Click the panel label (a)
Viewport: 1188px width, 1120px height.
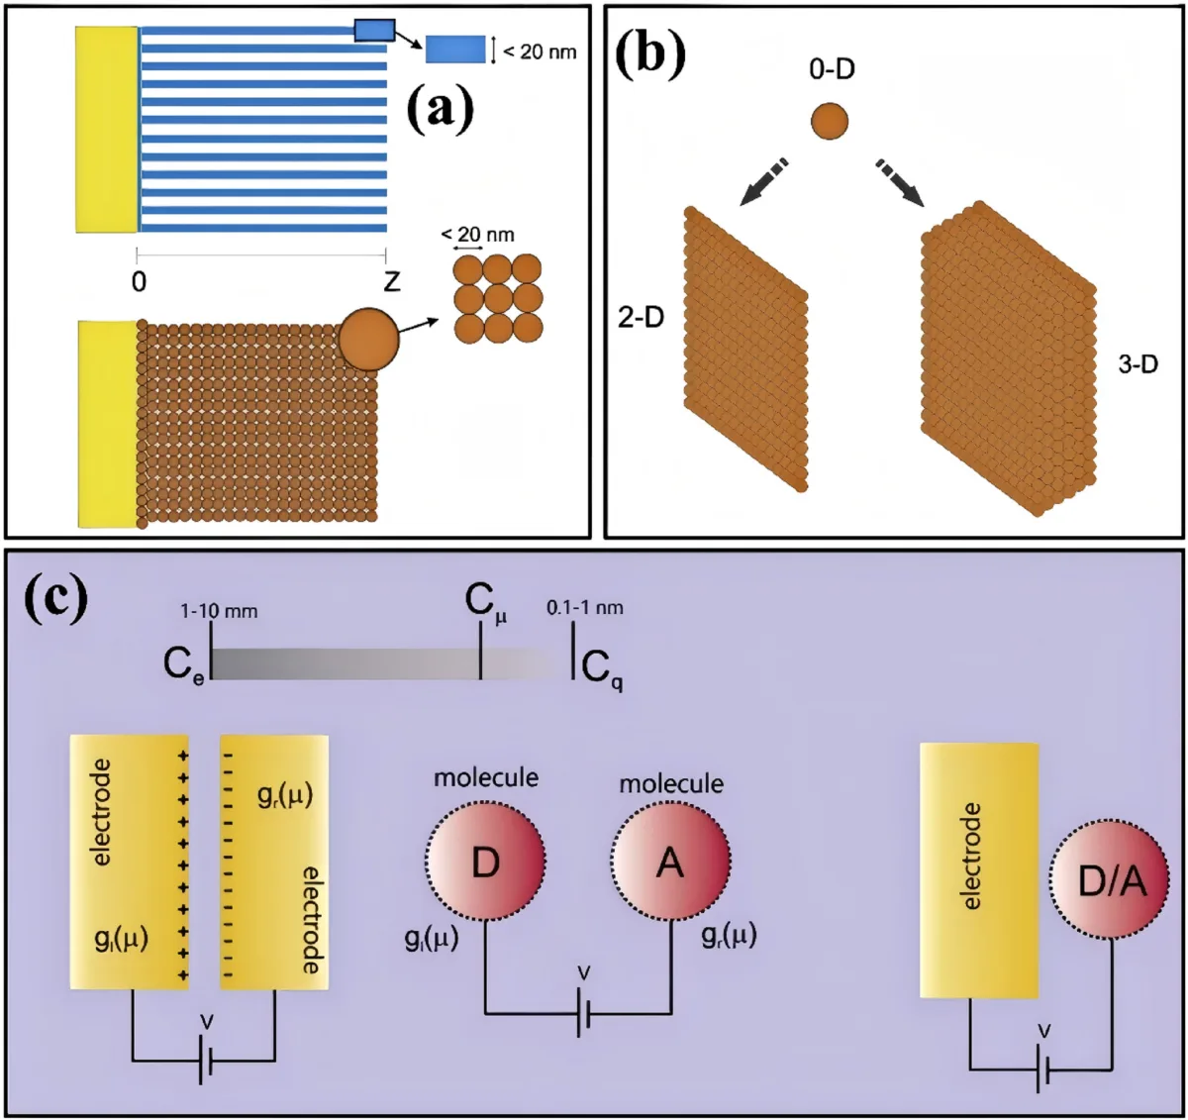(x=441, y=110)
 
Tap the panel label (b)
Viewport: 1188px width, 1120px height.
(x=649, y=53)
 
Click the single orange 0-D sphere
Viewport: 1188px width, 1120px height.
(x=830, y=121)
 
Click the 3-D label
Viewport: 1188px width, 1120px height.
(x=1138, y=364)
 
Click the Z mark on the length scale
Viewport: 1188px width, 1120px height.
(x=392, y=282)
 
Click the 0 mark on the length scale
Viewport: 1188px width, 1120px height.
(x=139, y=282)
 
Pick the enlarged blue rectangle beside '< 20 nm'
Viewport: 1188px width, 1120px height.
(x=455, y=49)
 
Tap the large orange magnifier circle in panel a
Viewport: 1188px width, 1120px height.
(x=368, y=339)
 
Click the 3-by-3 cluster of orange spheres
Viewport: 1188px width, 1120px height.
(x=498, y=298)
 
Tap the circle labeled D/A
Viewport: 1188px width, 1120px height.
(x=1111, y=880)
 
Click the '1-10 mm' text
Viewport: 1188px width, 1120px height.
(x=219, y=611)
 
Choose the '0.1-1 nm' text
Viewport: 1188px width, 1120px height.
(x=584, y=607)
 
